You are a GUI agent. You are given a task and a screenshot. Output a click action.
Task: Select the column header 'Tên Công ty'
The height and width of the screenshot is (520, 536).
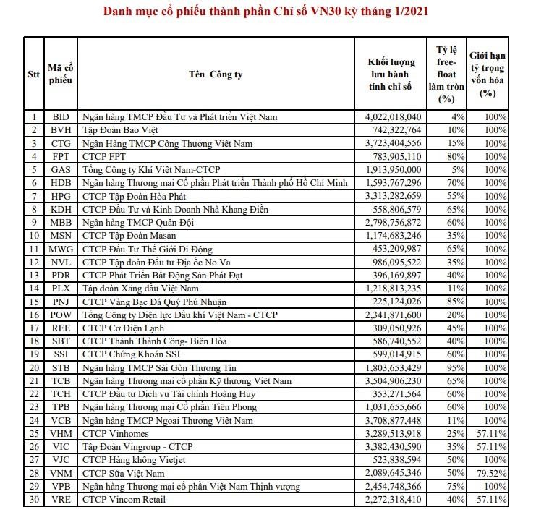pos(215,74)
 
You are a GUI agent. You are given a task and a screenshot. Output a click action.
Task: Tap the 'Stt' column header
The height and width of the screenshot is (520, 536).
pos(33,74)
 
